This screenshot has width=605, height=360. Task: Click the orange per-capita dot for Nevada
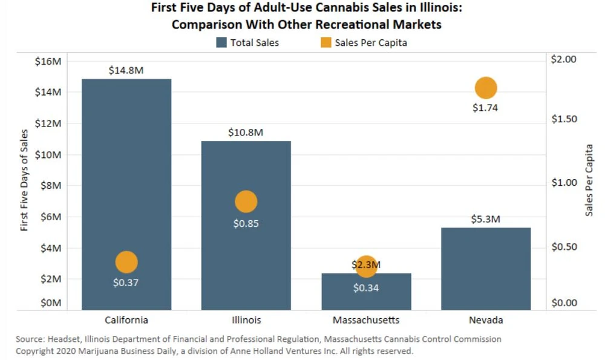click(x=486, y=88)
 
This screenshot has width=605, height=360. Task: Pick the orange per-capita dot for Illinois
click(x=246, y=201)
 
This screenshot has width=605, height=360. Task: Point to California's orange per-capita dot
click(x=126, y=262)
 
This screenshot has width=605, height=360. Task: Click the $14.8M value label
click(x=126, y=70)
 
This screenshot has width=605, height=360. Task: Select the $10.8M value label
click(x=246, y=133)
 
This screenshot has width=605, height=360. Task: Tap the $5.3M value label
click(x=486, y=219)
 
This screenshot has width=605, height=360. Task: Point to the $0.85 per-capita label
click(x=246, y=223)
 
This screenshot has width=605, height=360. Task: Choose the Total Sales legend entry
click(x=247, y=43)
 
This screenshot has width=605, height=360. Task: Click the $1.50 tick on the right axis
click(x=564, y=119)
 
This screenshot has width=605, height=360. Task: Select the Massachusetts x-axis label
click(x=366, y=320)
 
